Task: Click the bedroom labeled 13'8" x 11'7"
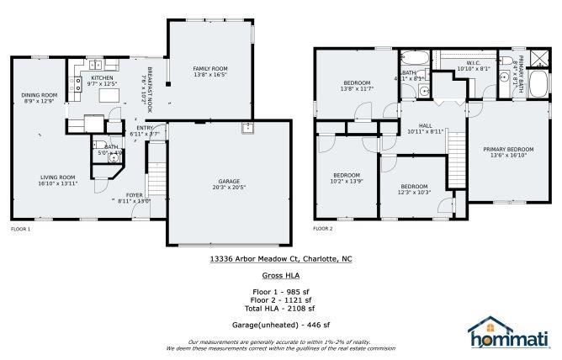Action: tap(357, 85)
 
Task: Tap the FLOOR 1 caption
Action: tap(20, 229)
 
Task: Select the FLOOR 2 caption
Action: tap(323, 228)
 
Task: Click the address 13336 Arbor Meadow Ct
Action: tap(280, 260)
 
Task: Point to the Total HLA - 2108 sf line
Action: tap(280, 305)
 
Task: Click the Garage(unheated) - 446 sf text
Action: tap(280, 324)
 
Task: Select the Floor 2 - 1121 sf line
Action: tap(280, 299)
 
